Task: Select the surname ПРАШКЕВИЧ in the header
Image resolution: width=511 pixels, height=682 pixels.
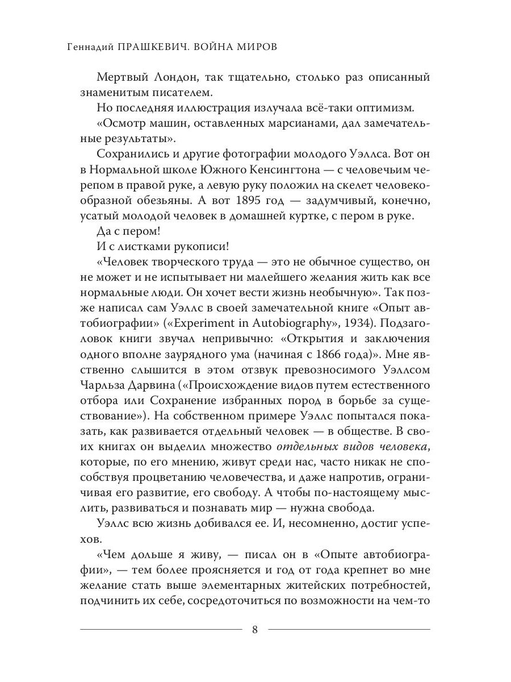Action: pos(151,47)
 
